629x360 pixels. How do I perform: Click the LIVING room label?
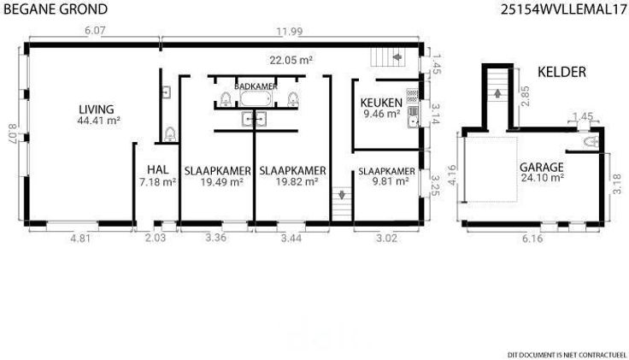point(97,109)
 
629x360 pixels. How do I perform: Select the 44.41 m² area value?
point(99,121)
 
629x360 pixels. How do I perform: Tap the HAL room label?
point(157,170)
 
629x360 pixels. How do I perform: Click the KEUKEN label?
point(381,103)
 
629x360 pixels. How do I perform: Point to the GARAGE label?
point(542,168)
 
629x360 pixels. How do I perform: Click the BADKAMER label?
point(256,86)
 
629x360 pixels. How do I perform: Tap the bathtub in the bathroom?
point(256,98)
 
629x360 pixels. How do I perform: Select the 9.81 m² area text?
point(391,181)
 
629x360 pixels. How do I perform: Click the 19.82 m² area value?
point(297,182)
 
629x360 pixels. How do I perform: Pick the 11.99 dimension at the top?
point(289,32)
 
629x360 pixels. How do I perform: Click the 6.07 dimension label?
point(95,31)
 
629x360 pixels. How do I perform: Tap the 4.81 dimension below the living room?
point(80,238)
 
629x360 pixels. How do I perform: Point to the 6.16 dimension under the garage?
point(532,239)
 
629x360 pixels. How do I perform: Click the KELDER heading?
point(561,72)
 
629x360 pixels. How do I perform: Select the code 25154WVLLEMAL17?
point(563,9)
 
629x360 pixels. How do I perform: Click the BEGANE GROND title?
point(56,9)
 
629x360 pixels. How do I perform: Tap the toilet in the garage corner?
point(591,142)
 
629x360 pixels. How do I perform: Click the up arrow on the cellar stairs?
point(497,93)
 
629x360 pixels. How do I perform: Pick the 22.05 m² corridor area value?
point(291,60)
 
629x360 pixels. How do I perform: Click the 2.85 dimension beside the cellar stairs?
point(525,96)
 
